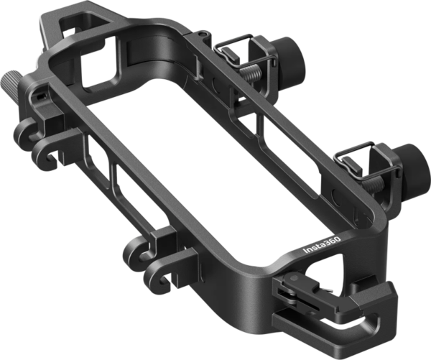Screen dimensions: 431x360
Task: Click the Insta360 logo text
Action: click(322, 245)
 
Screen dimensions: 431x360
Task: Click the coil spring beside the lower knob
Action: click(373, 184)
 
